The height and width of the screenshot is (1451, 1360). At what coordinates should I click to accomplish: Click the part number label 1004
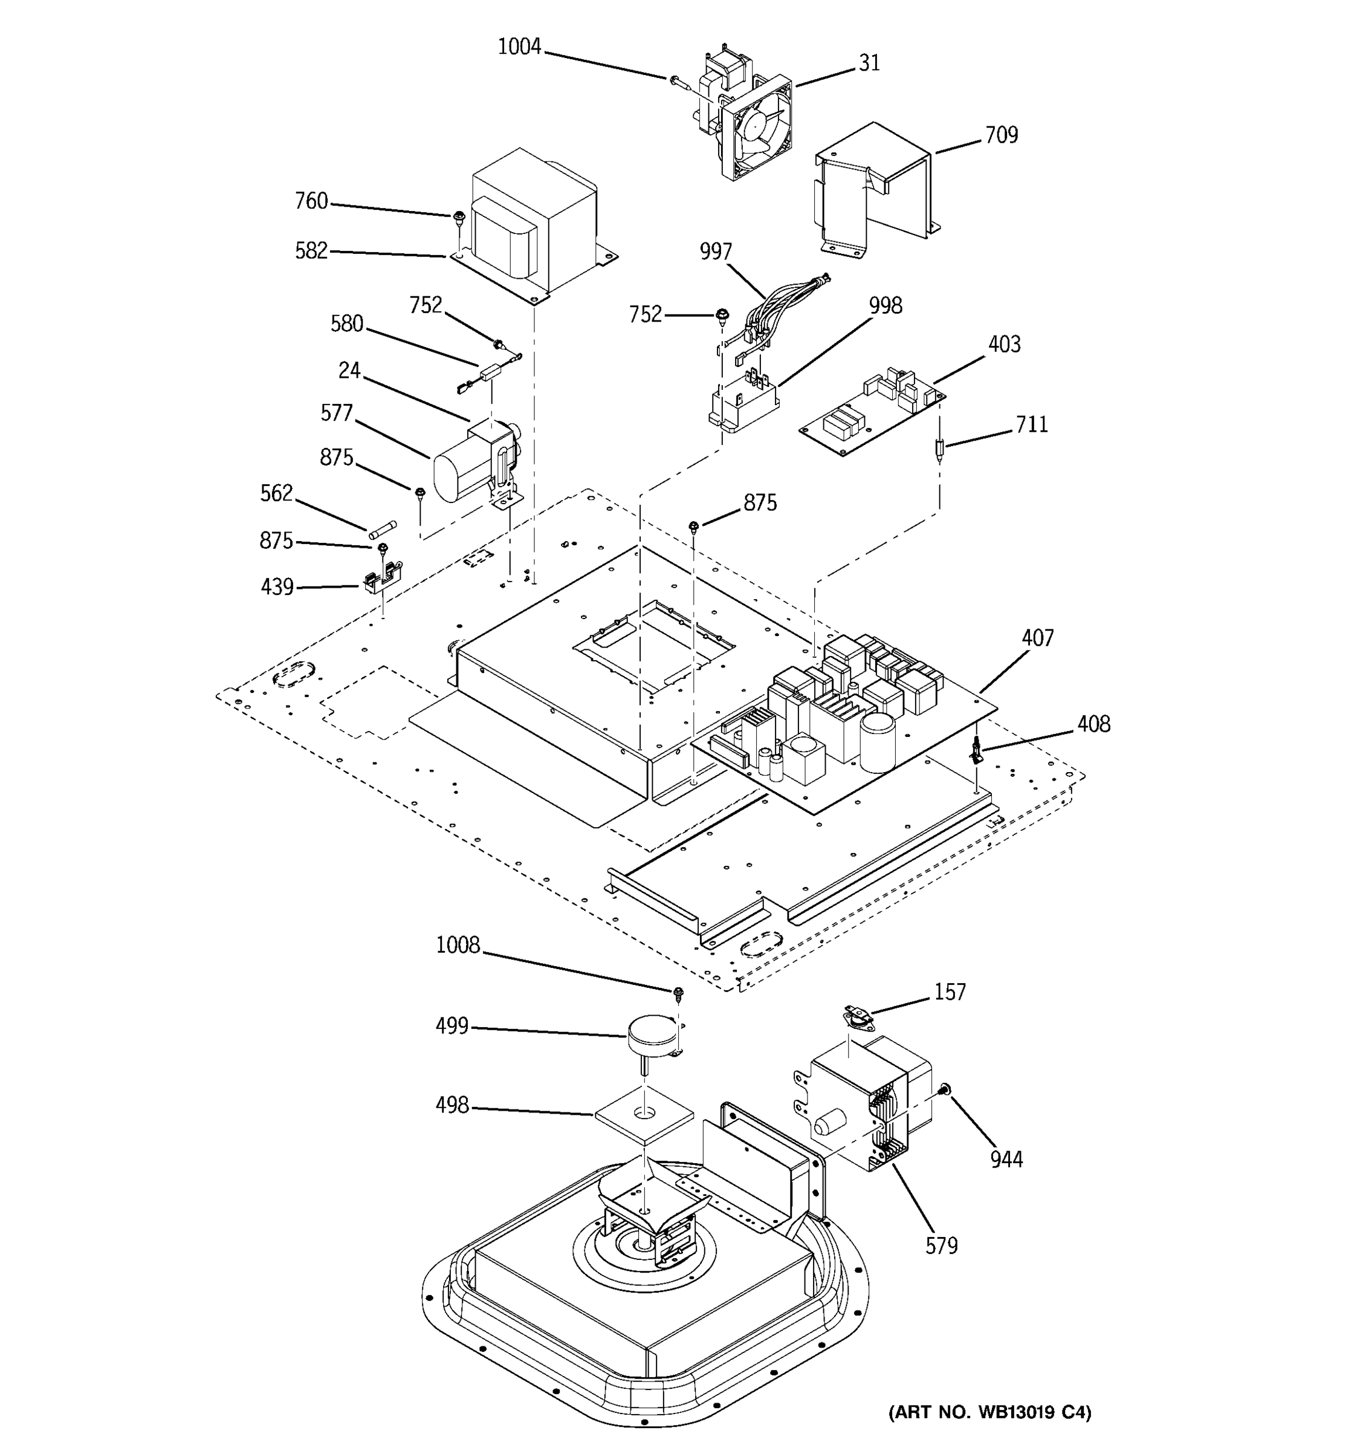click(x=519, y=47)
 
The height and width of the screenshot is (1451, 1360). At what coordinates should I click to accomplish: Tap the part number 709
click(x=1001, y=135)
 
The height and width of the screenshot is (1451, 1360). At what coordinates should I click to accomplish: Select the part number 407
click(x=1037, y=638)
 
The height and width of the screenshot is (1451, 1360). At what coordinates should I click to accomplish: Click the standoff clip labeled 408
click(x=976, y=750)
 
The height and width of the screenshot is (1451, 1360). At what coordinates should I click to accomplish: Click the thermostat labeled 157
click(x=858, y=1014)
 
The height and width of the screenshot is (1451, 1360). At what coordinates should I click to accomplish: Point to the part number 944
click(x=1006, y=1158)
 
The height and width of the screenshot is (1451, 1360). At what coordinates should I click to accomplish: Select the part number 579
click(x=941, y=1244)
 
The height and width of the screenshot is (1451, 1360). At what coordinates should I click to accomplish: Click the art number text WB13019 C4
click(x=989, y=1412)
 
